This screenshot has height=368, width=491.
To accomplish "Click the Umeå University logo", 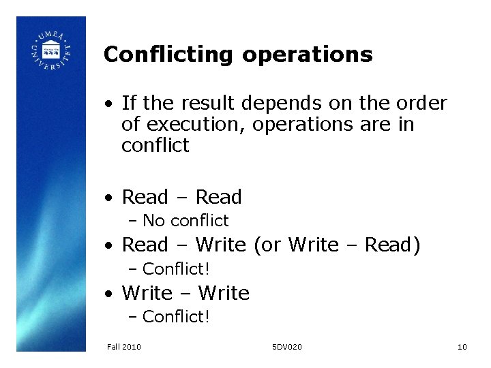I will click(51, 52).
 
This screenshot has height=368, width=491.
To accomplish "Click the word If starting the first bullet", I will click(128, 104).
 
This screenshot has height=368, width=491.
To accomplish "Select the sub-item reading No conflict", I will click(185, 221).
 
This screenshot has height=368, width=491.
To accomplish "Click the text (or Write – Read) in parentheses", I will click(337, 245).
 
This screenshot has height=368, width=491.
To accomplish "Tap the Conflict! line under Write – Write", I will click(176, 317).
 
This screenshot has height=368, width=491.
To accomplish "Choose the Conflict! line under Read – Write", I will click(176, 269).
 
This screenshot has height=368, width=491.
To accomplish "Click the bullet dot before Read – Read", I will click(108, 198).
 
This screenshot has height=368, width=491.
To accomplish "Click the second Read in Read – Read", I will click(218, 198).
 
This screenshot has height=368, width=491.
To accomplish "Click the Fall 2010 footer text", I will click(124, 348).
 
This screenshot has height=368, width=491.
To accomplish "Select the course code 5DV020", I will click(286, 348).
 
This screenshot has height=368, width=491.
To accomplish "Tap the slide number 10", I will click(462, 348).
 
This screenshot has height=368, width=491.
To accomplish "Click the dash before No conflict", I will click(133, 221).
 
